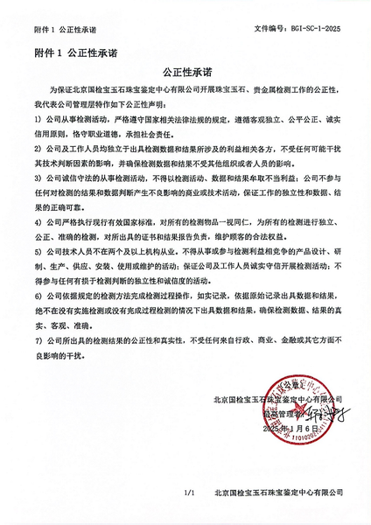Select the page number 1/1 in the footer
(187, 493)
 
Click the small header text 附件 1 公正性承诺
(62, 28)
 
